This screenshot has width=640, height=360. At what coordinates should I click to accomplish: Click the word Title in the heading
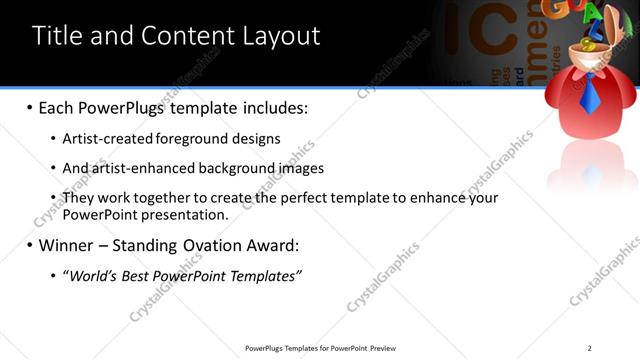[x=58, y=36]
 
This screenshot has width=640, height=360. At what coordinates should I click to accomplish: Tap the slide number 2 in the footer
[x=589, y=348]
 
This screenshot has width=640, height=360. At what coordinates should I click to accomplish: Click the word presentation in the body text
[x=182, y=214]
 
